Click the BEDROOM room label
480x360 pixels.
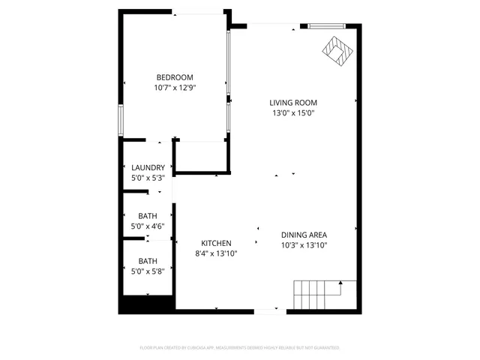175,77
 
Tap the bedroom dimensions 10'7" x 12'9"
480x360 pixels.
175,87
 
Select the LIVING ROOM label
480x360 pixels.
294,103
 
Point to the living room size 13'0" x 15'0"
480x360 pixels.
294,113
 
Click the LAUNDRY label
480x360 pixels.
148,168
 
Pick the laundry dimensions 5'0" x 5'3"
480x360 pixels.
148,178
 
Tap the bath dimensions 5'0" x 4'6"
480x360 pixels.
148,226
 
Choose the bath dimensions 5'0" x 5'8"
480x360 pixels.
148,271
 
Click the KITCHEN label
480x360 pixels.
216,243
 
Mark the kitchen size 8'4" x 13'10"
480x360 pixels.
216,253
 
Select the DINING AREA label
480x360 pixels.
304,234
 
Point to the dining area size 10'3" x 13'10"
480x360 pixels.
304,244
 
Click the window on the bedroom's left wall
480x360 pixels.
120,118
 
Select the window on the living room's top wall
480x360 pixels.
328,26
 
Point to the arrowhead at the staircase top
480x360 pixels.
340,283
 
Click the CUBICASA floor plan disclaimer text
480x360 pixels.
240,348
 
